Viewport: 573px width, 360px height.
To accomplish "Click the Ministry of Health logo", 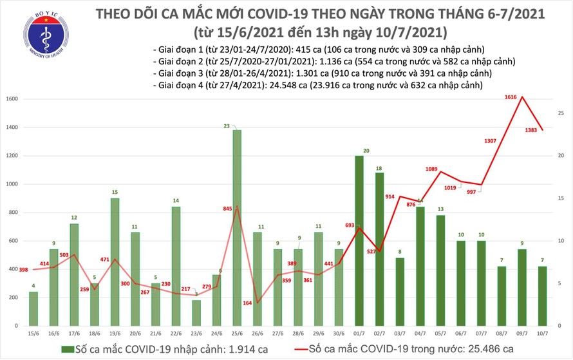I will pyautogui.click(x=44, y=37).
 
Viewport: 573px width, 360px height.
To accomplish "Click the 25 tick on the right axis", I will pyautogui.click(x=561, y=113).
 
